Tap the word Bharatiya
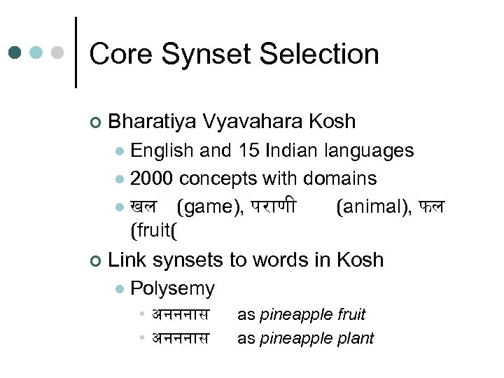[x=152, y=122]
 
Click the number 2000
[x=151, y=178]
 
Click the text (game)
[x=210, y=207]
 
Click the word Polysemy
[x=172, y=288]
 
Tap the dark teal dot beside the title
[x=15, y=52]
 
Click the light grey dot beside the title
[x=58, y=52]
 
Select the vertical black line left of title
[x=76, y=52]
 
